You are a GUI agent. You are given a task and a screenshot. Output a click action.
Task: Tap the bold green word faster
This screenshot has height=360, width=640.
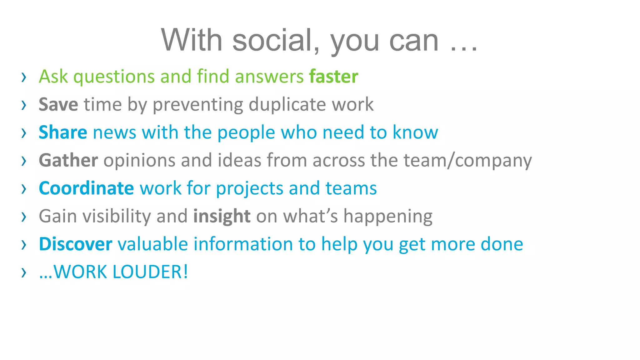333,77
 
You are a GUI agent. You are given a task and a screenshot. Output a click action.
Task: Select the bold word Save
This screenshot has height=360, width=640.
58,104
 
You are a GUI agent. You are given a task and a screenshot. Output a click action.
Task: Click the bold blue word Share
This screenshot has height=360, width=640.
63,132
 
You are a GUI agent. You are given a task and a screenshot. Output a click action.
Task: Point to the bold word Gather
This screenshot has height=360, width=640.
68,160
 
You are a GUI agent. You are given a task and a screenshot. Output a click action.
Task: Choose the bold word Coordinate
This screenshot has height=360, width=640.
86,188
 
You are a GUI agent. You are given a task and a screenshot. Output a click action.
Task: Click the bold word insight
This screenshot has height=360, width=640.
222,216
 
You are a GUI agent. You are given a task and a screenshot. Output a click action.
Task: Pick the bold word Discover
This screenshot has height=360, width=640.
75,244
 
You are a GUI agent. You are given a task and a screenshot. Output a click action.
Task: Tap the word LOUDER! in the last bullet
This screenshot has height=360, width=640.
150,272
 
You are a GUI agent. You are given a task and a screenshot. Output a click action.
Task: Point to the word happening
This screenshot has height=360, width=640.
388,216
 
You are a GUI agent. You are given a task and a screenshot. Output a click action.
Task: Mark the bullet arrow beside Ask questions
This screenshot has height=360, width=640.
24,77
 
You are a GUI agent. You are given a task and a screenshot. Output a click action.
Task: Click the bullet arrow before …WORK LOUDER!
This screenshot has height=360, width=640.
24,273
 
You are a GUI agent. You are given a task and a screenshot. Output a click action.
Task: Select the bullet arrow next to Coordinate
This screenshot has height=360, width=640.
24,189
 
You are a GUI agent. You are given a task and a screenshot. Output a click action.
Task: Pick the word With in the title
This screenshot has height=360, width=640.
192,40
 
